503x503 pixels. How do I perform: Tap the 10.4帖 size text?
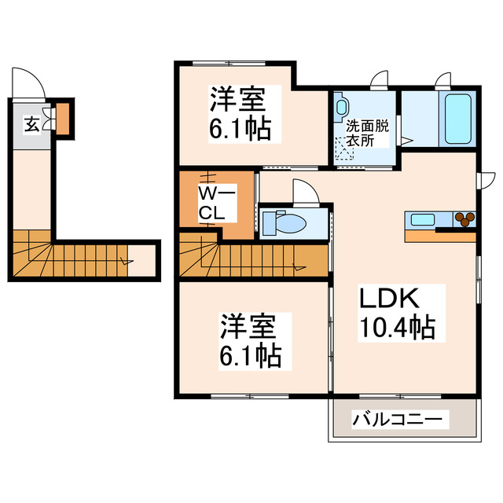click(x=398, y=327)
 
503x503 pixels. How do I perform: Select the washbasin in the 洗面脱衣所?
click(x=342, y=106)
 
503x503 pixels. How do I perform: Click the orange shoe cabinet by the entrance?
click(x=62, y=118)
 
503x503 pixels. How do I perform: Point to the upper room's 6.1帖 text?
click(x=240, y=128)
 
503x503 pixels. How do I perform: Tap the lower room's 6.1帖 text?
click(x=250, y=355)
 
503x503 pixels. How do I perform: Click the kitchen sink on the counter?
click(x=421, y=218)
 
